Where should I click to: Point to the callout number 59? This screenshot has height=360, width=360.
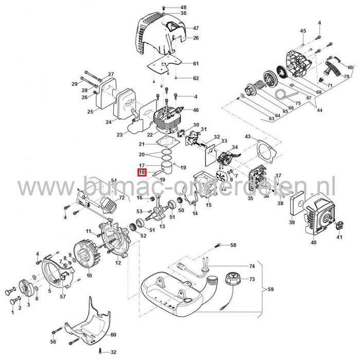[271, 289]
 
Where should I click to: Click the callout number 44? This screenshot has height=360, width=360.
[319, 110]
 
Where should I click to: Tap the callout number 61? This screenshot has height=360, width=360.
[181, 63]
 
